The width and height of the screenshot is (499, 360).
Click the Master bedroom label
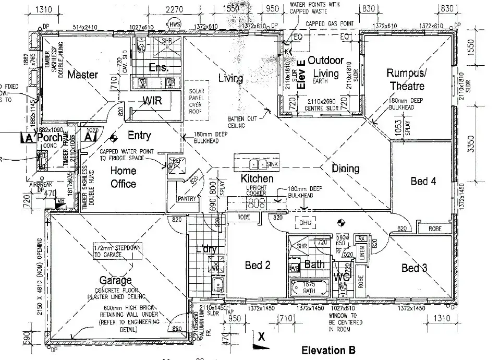pyautogui.click(x=82, y=75)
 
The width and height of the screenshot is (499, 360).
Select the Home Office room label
pyautogui.click(x=124, y=177)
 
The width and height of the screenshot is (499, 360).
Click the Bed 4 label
pyautogui.click(x=423, y=182)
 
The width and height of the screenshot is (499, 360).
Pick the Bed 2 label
pyautogui.click(x=258, y=266)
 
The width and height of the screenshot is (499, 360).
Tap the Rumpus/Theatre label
pyautogui.click(x=405, y=79)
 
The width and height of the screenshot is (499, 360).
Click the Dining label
pyautogui.click(x=346, y=169)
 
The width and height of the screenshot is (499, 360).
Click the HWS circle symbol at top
pyautogui.click(x=174, y=25)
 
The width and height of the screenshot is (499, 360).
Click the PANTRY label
pyautogui.click(x=186, y=199)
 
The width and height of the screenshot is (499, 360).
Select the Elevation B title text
pyautogui.click(x=328, y=350)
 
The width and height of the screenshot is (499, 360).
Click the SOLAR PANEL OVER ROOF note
pyautogui.click(x=197, y=99)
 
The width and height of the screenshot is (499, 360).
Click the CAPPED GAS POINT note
pyautogui.click(x=330, y=24)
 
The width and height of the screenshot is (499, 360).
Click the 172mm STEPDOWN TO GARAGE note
pyautogui.click(x=116, y=250)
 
